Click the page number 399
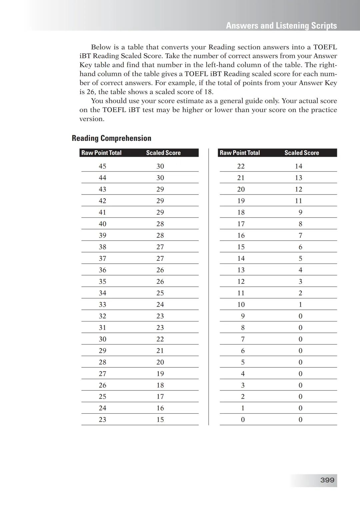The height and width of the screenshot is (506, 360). click(327, 480)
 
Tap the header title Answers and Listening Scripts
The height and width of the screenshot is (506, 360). click(281, 26)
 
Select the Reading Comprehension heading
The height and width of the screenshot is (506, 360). click(111, 138)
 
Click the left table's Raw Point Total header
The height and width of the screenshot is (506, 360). click(101, 153)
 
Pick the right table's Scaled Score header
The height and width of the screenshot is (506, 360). click(301, 153)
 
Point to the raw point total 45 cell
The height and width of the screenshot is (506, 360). click(102, 166)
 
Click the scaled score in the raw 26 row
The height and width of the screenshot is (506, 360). click(160, 385)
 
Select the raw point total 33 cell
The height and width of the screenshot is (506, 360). click(102, 304)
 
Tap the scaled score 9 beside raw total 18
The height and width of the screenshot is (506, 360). click(300, 213)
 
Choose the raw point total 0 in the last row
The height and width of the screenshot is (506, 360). click(243, 420)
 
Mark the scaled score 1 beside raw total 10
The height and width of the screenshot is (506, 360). click(300, 304)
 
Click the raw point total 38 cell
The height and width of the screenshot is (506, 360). click(102, 247)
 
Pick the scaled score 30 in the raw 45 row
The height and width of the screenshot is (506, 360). click(160, 166)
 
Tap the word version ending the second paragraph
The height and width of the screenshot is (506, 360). click(91, 119)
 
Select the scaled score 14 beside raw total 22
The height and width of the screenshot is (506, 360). click(298, 166)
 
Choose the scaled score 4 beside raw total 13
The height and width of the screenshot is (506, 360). click(300, 270)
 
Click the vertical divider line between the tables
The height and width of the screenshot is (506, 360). click(209, 286)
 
